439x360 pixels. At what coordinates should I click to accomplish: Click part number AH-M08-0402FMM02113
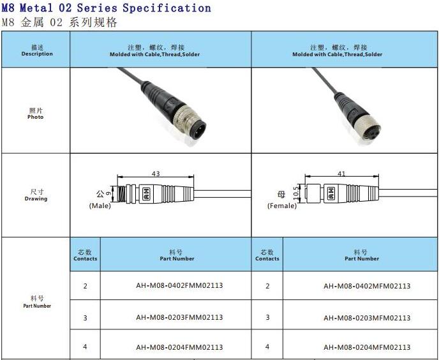[179, 285]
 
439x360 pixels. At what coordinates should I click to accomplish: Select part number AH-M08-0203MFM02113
[367, 318]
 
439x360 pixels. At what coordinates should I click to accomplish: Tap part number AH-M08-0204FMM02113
[179, 347]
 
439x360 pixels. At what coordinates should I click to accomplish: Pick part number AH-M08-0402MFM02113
[367, 286]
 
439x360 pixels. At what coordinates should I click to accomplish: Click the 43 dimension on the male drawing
[156, 174]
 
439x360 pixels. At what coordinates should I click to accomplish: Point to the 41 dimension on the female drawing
[341, 174]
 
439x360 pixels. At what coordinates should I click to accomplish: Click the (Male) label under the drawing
[100, 206]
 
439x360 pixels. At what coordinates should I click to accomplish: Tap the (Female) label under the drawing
[282, 206]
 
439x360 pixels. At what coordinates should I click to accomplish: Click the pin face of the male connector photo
[198, 129]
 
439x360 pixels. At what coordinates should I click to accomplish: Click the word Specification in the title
[167, 8]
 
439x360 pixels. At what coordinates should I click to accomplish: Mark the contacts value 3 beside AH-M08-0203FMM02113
[85, 318]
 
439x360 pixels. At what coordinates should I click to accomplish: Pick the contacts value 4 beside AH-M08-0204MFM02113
[267, 347]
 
